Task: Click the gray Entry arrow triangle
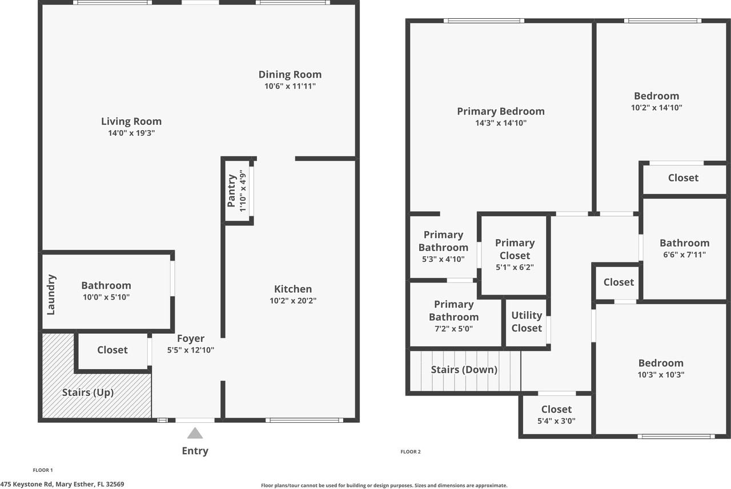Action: (195, 434)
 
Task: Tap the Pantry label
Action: (232, 191)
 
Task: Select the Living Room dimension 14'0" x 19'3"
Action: (131, 133)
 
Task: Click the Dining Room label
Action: (290, 74)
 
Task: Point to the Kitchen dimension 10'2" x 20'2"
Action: (293, 301)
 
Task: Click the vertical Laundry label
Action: (51, 294)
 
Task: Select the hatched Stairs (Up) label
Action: (87, 393)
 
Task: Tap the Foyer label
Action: (190, 338)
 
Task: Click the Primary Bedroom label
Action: (500, 111)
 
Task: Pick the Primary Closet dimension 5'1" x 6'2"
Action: (515, 267)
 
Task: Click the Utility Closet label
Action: (527, 321)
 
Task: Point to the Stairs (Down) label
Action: (464, 369)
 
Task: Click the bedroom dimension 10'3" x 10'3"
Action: (661, 375)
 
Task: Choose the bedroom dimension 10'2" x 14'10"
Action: (656, 107)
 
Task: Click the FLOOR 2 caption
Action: (410, 452)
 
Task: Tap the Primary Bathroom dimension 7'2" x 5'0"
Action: (454, 329)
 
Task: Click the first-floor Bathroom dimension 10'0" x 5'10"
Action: (106, 297)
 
